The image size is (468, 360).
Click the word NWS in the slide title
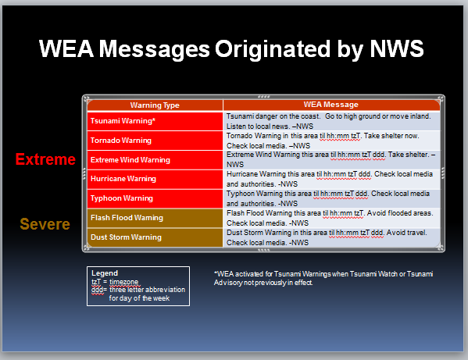[397, 48]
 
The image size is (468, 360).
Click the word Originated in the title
[272, 48]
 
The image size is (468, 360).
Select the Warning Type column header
[155, 105]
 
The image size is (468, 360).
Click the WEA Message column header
[330, 105]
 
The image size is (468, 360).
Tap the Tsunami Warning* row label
[123, 121]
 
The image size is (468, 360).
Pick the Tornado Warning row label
[121, 141]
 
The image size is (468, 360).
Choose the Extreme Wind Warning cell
[130, 160]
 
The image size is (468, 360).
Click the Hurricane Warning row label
[123, 179]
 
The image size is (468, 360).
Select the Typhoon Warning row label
[122, 198]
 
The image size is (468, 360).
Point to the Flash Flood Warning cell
[127, 218]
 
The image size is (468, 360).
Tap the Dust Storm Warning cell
[126, 237]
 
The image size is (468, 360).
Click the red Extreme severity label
[45, 159]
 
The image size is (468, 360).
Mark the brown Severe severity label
[45, 224]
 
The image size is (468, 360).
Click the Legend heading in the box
[105, 273]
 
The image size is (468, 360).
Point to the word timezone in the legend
[124, 282]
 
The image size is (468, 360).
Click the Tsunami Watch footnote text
[323, 278]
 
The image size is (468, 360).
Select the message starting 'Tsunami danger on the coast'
[328, 121]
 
